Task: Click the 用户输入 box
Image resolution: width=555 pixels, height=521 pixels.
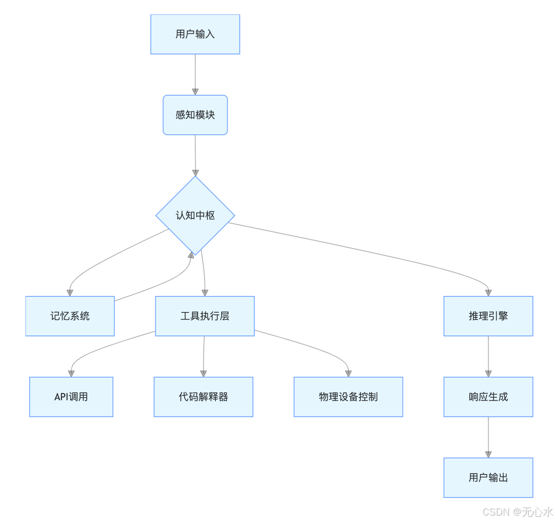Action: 195,34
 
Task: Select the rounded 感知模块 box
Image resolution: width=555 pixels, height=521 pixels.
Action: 195,115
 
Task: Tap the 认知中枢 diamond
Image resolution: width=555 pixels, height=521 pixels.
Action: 195,216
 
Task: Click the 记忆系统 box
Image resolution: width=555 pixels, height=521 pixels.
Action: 70,316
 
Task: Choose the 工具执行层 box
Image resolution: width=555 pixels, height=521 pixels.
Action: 205,316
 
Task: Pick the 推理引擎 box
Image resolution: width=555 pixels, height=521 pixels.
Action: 488,316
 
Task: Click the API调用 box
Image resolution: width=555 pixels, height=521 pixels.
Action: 71,397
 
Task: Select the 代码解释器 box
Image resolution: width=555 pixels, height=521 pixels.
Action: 203,397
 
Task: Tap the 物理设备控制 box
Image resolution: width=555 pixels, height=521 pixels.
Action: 348,397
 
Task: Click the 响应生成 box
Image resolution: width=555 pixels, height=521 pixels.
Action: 488,397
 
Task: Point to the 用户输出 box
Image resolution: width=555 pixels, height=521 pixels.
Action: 488,478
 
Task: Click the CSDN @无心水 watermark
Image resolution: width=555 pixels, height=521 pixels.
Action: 518,512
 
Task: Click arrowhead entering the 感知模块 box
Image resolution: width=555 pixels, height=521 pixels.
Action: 195,92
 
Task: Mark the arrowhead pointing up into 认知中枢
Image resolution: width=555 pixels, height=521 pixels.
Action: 191,255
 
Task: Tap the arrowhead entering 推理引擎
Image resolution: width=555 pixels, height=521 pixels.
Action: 488,293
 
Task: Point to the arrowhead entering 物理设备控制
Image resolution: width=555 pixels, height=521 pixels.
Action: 348,373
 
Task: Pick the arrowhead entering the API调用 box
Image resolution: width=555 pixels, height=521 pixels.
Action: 71,373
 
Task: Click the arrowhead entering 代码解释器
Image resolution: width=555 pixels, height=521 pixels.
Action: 203,373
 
